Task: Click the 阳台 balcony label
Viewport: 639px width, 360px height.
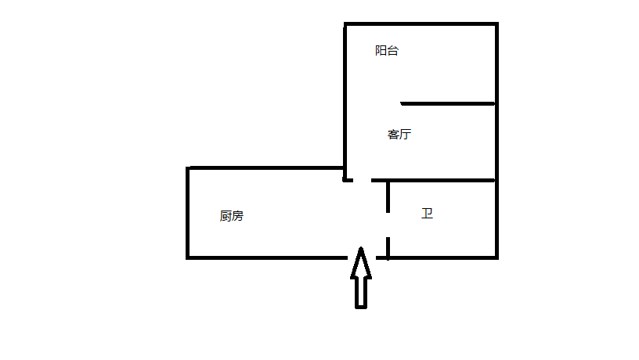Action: pyautogui.click(x=387, y=51)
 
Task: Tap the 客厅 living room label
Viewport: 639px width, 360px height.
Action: pyautogui.click(x=399, y=134)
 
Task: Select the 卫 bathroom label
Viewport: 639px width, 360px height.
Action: pyautogui.click(x=427, y=213)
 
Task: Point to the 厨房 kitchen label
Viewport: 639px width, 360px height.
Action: pyautogui.click(x=232, y=216)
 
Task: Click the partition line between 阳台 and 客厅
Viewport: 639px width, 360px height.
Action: pyautogui.click(x=448, y=103)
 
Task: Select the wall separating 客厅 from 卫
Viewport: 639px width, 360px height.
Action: pyautogui.click(x=442, y=181)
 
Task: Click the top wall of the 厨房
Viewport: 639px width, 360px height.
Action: pyautogui.click(x=266, y=167)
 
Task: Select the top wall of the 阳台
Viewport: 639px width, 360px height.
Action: pyautogui.click(x=421, y=24)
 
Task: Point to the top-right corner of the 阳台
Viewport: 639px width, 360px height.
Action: pyautogui.click(x=496, y=24)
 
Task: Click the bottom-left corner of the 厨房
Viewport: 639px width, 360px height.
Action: pyautogui.click(x=188, y=257)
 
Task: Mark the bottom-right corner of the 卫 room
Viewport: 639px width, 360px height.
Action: pyautogui.click(x=496, y=257)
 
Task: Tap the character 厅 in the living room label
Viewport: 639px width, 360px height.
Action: pyautogui.click(x=405, y=134)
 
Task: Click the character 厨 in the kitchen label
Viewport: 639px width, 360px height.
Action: pyautogui.click(x=226, y=216)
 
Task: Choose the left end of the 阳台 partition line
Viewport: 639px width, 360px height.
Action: pyautogui.click(x=403, y=103)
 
